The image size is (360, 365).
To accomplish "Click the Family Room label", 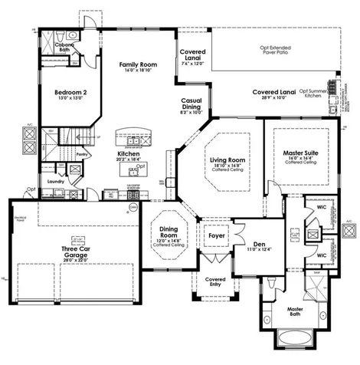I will pyautogui.click(x=138, y=65).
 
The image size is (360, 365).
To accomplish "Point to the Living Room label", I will pyautogui.click(x=227, y=159).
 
